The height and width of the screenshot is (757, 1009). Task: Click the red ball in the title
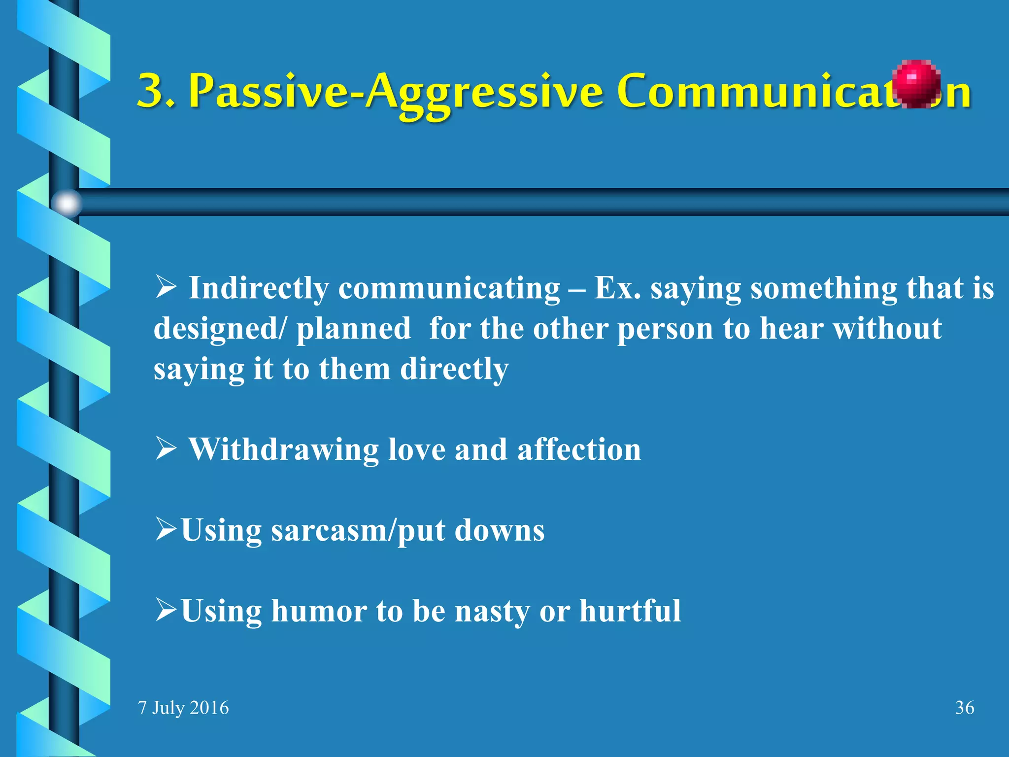916,83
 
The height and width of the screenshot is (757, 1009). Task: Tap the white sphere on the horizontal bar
67,203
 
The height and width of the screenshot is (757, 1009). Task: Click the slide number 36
964,708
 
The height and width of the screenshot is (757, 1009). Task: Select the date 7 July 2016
183,708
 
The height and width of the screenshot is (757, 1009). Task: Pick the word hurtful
630,611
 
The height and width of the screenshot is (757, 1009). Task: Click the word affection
579,449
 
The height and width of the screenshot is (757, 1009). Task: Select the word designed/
219,329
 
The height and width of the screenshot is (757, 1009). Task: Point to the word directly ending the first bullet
454,369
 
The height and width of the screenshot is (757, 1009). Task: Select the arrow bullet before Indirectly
166,287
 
